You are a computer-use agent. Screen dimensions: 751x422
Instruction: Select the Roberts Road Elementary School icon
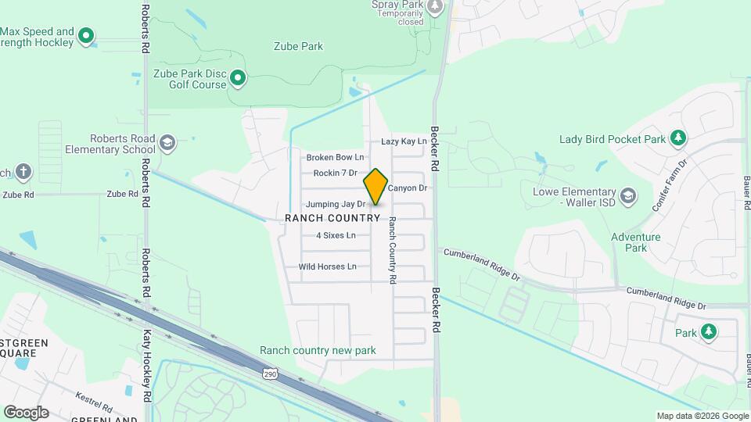(x=167, y=142)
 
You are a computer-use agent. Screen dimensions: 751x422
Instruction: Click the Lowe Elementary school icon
(x=627, y=195)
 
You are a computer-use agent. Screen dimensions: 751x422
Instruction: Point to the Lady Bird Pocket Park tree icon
(x=678, y=139)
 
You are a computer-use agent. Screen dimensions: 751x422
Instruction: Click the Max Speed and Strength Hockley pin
(x=87, y=35)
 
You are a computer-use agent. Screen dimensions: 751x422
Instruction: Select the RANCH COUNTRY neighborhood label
(x=332, y=218)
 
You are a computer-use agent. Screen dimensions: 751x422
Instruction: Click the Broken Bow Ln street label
(x=335, y=157)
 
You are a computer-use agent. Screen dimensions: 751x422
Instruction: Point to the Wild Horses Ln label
(x=327, y=266)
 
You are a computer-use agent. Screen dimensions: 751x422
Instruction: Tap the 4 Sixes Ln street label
(x=336, y=235)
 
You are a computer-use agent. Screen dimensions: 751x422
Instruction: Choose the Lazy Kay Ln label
(x=404, y=141)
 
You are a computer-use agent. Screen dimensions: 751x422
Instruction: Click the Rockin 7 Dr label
(x=335, y=173)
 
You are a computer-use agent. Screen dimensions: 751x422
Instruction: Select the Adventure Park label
(x=635, y=242)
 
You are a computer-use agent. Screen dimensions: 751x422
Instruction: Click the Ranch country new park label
(x=318, y=351)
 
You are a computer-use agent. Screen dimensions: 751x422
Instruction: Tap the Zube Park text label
(x=298, y=46)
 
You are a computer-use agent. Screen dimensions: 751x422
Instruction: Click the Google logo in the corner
(x=26, y=413)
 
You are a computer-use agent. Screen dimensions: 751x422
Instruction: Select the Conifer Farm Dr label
(x=669, y=186)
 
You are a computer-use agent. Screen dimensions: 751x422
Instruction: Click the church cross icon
(x=24, y=171)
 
